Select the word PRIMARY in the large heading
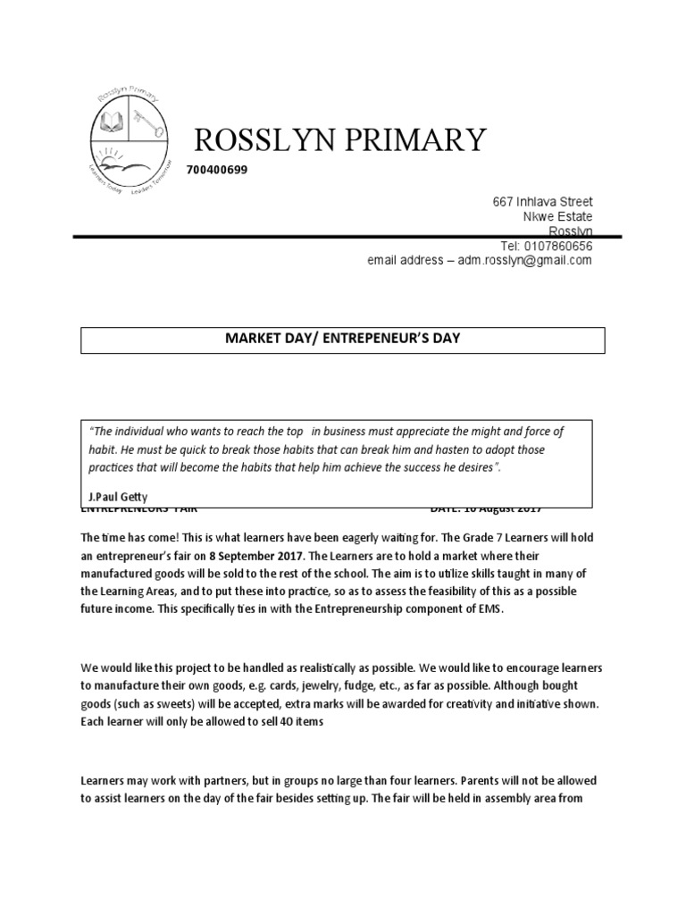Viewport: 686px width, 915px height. pyautogui.click(x=422, y=139)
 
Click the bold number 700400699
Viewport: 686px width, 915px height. pyautogui.click(x=217, y=171)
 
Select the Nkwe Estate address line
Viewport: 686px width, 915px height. pyautogui.click(x=557, y=217)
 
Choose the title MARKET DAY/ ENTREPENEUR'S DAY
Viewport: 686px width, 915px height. pyautogui.click(x=343, y=340)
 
